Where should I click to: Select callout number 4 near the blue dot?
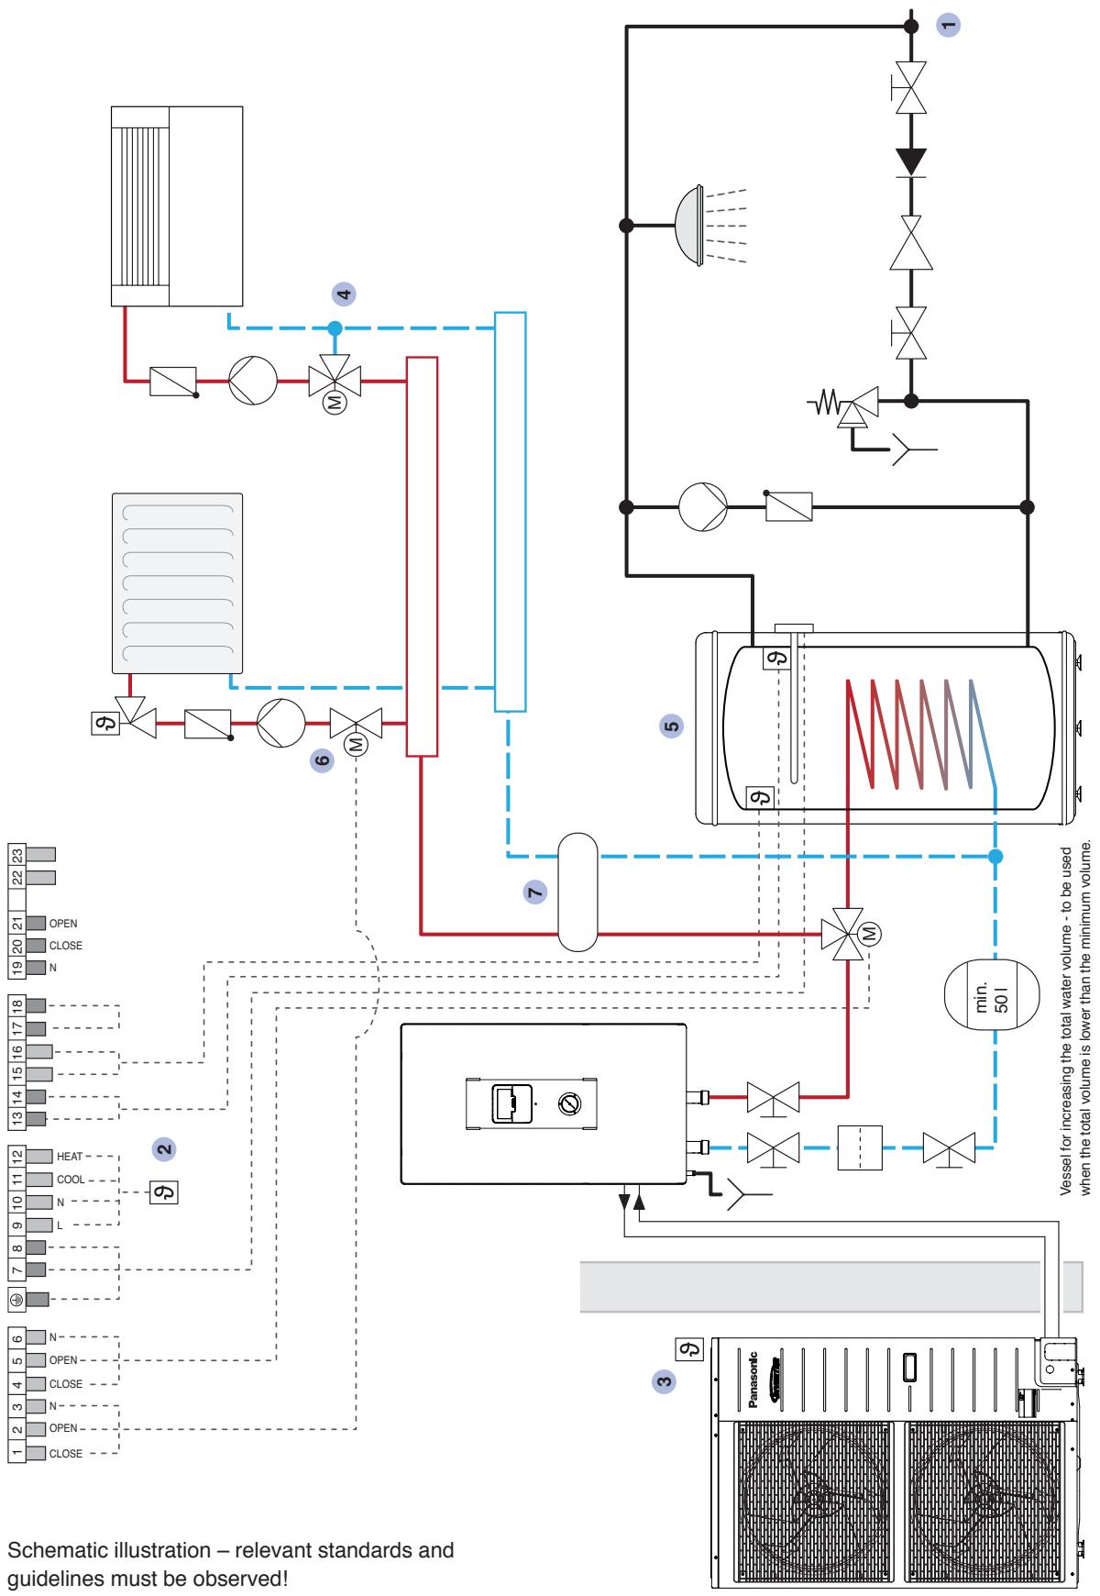pyautogui.click(x=344, y=294)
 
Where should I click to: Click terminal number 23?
pyautogui.click(x=17, y=853)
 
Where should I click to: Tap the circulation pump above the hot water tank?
pyautogui.click(x=702, y=506)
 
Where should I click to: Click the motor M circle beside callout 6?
pyautogui.click(x=357, y=745)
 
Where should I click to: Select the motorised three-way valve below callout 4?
pyautogui.click(x=335, y=384)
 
